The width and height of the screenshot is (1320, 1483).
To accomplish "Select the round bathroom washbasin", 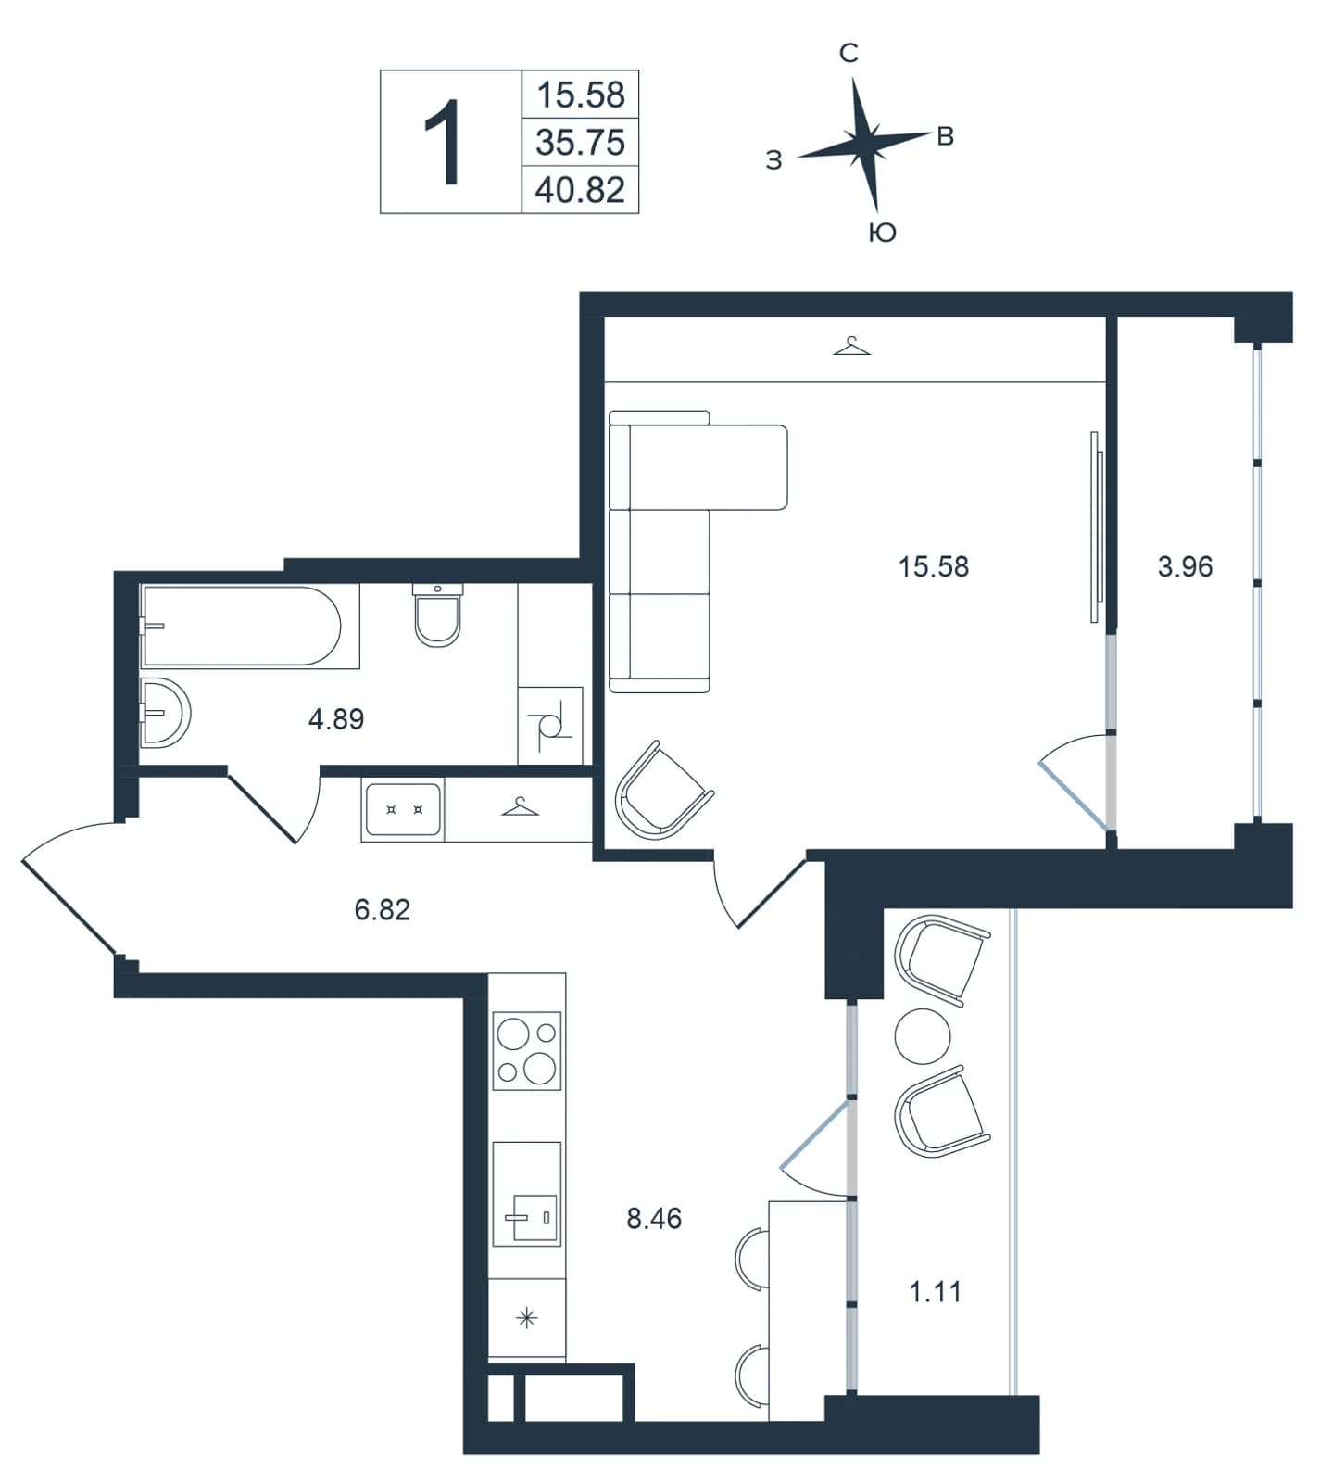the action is coord(166,713).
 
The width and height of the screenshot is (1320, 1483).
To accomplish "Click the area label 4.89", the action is coord(336,718).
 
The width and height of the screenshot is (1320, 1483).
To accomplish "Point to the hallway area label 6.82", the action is coord(382,909).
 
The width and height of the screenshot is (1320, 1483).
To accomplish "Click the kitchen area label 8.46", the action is coord(654,1218).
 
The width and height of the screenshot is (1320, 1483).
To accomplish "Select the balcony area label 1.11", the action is coord(935,1291).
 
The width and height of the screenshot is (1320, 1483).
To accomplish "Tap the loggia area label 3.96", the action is coord(1185,566).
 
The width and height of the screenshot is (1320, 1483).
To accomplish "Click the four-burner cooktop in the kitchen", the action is coord(527,1051).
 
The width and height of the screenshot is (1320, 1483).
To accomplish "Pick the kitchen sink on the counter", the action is coord(527,1194).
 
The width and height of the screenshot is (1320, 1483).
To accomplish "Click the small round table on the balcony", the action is coord(923,1036).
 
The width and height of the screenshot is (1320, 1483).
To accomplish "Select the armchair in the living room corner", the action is coord(663,790).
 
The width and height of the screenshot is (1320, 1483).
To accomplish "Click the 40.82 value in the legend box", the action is coord(581,190).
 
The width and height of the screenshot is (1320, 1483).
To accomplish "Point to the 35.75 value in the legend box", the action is coord(581,143).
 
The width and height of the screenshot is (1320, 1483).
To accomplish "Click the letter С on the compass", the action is coord(849,54).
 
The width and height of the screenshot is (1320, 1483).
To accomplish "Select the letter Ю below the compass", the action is coord(883,233).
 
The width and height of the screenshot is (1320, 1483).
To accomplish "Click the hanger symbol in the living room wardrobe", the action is coord(852,347).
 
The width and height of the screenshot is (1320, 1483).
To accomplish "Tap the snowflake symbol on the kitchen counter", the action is coord(526,1318).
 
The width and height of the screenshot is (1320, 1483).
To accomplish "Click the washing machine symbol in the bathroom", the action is coord(550,726).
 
